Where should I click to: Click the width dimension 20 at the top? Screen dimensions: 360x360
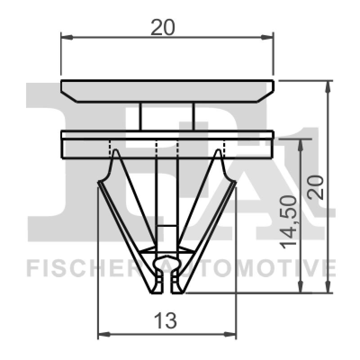click(x=162, y=28)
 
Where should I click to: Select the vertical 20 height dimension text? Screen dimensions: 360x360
click(x=318, y=187)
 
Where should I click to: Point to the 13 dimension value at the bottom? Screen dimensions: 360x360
click(x=165, y=321)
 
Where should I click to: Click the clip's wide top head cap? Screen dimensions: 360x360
click(x=167, y=90)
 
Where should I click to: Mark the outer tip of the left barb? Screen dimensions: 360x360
click(x=99, y=182)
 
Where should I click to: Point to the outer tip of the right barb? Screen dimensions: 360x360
click(x=235, y=182)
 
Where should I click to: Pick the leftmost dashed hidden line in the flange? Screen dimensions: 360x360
click(x=110, y=148)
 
